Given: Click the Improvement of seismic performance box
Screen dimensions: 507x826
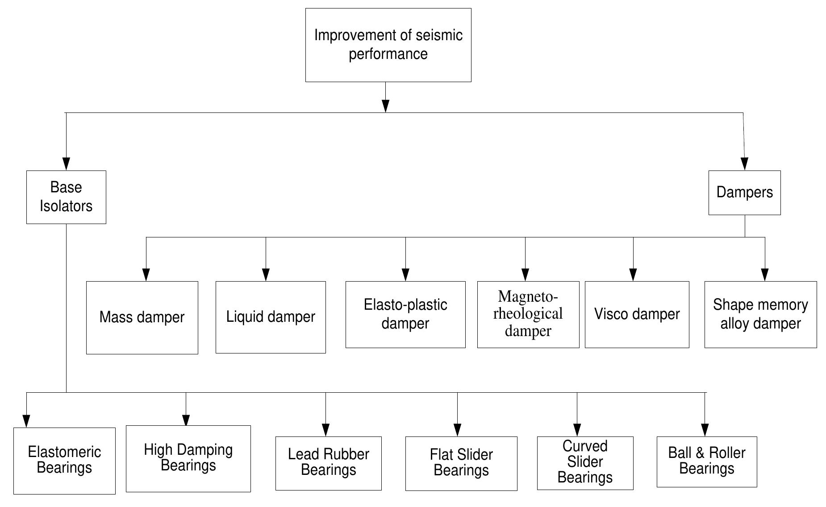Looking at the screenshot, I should click(388, 45).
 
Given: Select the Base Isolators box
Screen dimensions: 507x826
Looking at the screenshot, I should click(66, 197).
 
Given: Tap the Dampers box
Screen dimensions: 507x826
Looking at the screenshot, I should click(744, 192).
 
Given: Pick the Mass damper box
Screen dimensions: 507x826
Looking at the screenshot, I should click(142, 317).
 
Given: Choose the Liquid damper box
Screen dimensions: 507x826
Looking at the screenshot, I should click(271, 317).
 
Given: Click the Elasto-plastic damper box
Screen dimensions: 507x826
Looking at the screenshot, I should click(405, 314).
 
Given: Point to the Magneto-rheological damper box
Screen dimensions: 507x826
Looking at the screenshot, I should click(528, 314).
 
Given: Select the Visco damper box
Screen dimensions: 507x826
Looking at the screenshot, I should click(637, 314).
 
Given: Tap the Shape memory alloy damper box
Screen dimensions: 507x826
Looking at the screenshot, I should click(760, 314).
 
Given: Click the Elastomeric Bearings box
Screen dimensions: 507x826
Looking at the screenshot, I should click(64, 460).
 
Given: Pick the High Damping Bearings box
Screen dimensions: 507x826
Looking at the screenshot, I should click(188, 458).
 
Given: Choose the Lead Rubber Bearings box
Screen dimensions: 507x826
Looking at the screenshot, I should click(328, 463).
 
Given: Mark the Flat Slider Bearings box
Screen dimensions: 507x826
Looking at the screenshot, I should click(461, 463).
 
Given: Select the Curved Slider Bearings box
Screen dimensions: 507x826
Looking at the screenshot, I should click(585, 462).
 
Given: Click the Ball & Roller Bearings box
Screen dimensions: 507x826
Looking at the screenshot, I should click(707, 461).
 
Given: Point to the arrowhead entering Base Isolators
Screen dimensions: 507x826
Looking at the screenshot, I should click(66, 164).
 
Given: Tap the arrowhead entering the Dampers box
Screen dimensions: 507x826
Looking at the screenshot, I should click(745, 164).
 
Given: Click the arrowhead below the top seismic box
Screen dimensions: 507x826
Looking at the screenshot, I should click(386, 106).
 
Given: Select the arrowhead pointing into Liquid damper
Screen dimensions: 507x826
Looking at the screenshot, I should click(266, 274).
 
